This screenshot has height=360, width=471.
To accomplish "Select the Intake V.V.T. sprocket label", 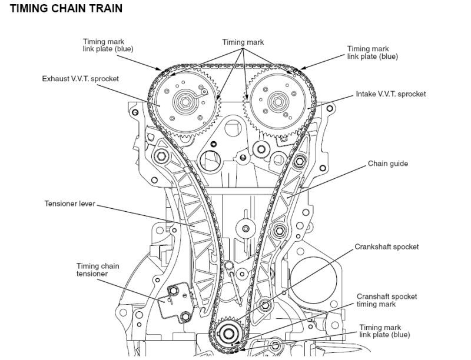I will point(390,94).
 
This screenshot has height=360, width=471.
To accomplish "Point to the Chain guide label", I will point(387,163).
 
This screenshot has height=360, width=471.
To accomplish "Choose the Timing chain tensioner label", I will point(97,270).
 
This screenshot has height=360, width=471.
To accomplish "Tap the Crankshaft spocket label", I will point(386,246).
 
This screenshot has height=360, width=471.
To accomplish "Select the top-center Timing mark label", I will point(243,42).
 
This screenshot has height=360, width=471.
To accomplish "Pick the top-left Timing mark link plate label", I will point(108,45).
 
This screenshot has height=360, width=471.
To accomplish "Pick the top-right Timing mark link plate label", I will point(372,52).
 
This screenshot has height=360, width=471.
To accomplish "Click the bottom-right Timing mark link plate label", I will point(384,331).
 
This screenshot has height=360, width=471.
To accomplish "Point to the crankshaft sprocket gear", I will point(227,332).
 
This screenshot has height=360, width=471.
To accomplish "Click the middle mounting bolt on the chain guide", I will point(279,229).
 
